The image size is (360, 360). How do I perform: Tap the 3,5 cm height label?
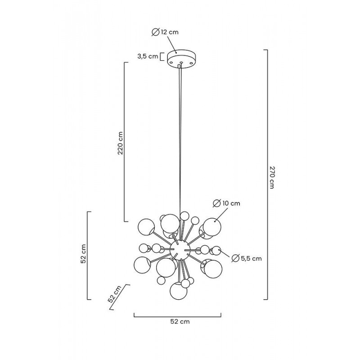[148, 56]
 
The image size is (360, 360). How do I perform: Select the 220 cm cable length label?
[120, 143]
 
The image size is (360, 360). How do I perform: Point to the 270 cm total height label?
[271, 177]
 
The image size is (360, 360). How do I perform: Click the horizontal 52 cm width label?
[180, 321]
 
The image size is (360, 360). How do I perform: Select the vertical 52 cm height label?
[83, 253]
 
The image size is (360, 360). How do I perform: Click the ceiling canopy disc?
[181, 58]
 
